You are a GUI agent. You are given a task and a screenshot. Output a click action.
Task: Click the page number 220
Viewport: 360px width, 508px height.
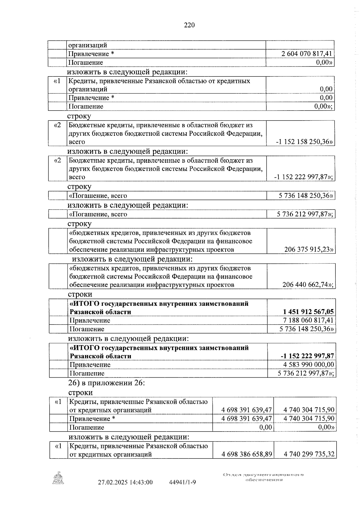[x=189, y=25]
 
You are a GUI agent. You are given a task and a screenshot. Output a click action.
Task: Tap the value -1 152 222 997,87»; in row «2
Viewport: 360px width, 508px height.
[x=304, y=177]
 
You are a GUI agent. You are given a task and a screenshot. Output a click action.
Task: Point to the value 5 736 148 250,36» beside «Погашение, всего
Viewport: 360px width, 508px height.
[x=306, y=196]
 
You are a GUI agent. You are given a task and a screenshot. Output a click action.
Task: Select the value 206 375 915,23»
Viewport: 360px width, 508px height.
[x=309, y=249]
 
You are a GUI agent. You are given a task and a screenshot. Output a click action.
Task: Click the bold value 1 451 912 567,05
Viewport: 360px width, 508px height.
[x=306, y=312]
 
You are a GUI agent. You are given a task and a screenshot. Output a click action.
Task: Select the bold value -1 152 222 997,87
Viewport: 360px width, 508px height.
[x=307, y=356]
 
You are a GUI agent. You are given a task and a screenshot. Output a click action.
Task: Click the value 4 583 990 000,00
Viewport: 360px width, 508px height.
[x=308, y=365]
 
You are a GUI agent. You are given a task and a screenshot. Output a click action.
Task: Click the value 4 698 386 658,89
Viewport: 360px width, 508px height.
[x=247, y=454]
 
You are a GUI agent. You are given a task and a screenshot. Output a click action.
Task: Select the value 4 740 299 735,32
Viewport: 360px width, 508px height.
[x=309, y=454]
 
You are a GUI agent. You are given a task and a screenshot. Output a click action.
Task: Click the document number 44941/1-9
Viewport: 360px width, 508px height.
[x=183, y=483]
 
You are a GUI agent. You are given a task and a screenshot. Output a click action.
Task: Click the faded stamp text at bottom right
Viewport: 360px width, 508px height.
[x=263, y=477]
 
